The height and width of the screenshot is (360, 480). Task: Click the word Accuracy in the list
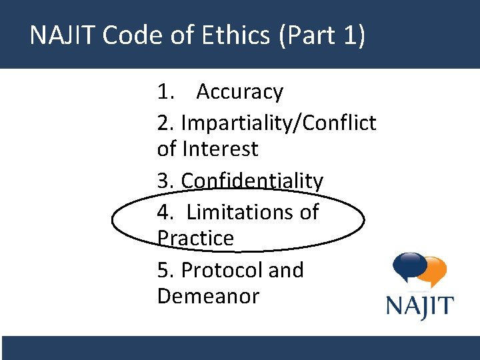tap(240, 92)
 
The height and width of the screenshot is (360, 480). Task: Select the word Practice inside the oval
tap(195, 238)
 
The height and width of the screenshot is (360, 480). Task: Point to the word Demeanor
tap(208, 296)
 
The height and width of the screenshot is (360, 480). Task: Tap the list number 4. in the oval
tap(165, 212)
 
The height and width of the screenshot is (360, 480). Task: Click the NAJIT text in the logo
tap(420, 307)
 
